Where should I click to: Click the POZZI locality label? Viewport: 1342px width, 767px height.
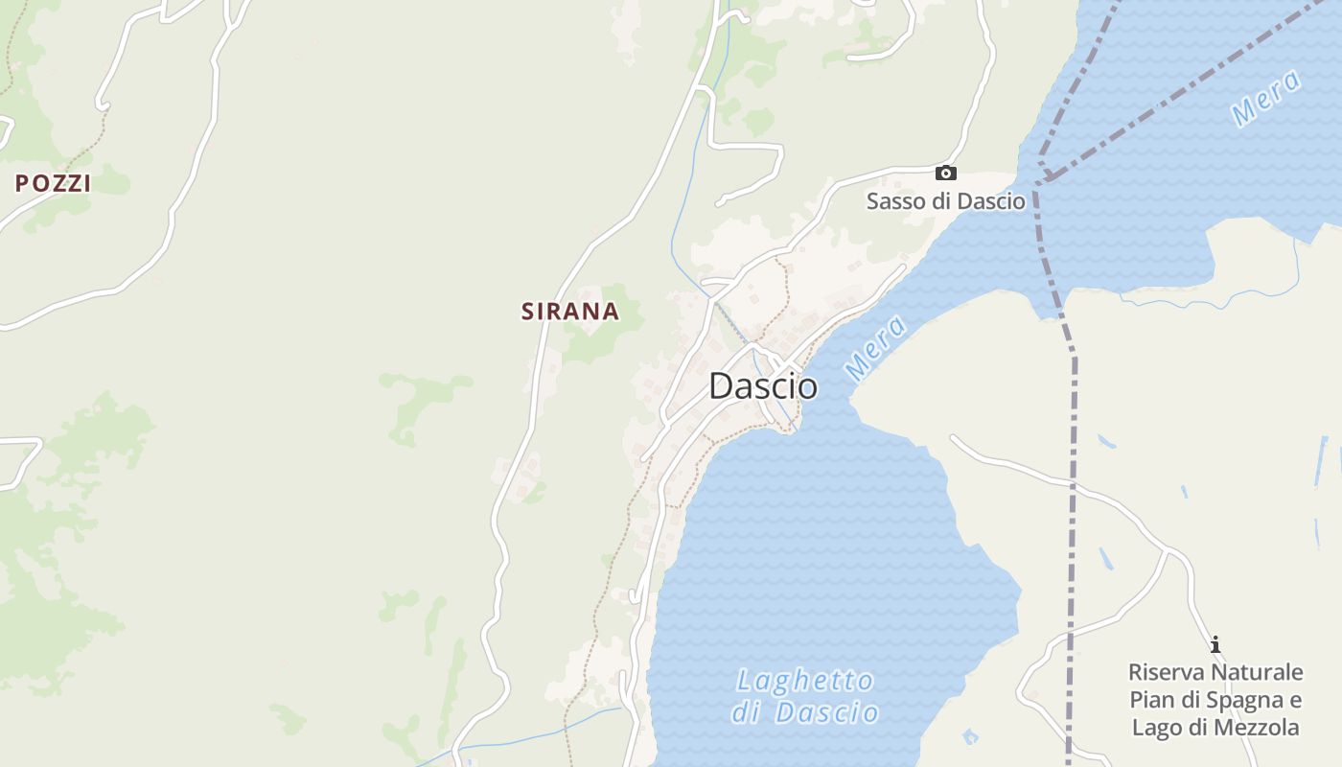pos(53,183)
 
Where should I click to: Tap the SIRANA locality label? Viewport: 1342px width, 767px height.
pos(569,312)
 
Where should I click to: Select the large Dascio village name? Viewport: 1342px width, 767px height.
pos(763,386)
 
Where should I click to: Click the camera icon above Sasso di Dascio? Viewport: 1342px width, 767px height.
pos(945,174)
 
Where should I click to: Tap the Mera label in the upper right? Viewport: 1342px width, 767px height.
pos(1266,98)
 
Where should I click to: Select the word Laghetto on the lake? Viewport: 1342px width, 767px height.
pos(805,682)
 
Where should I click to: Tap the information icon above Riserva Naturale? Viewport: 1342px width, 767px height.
pos(1215,644)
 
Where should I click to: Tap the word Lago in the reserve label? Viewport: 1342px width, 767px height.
pos(1155,727)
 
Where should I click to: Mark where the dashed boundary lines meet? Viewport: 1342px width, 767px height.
pos(1045,179)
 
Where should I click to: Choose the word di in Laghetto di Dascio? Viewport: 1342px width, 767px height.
pos(750,713)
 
